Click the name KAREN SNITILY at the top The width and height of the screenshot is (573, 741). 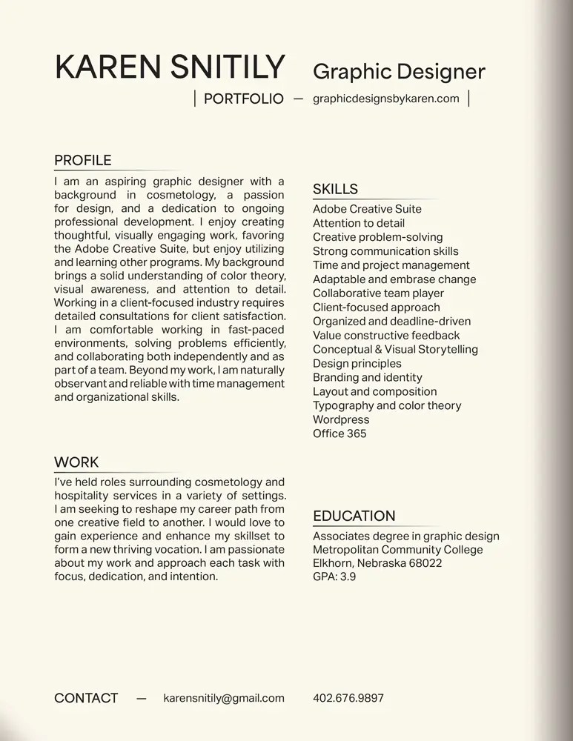[170, 67]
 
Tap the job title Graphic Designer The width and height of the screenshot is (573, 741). [399, 71]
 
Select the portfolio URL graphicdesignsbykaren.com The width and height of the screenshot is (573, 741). [386, 99]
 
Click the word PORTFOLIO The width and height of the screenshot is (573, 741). [243, 99]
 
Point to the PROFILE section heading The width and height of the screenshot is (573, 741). [83, 161]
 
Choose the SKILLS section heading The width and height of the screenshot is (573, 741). [335, 189]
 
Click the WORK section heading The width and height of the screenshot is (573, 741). [76, 462]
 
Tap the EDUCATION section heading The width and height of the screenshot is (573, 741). [354, 516]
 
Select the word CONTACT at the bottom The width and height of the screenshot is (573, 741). [86, 698]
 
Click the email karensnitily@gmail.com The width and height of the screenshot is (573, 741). [224, 698]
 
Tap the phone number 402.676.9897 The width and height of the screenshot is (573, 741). [348, 698]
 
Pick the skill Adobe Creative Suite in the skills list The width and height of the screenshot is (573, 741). [367, 209]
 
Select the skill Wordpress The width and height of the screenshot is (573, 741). [341, 419]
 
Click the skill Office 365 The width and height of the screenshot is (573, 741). [340, 433]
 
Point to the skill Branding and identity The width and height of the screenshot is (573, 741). [368, 377]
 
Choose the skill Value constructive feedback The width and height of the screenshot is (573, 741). [386, 336]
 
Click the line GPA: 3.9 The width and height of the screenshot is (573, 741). [334, 576]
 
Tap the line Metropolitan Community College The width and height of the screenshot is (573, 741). [397, 550]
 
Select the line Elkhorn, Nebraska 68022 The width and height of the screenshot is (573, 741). [377, 563]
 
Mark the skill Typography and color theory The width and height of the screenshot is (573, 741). [387, 405]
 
